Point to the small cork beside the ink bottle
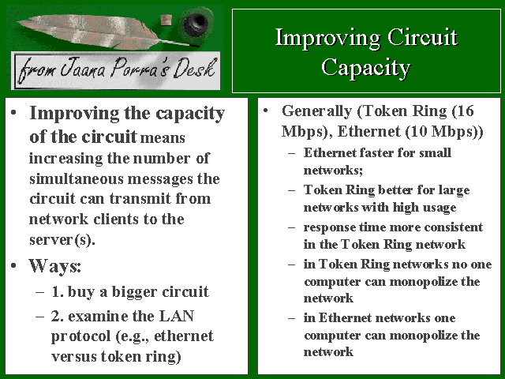pyautogui.click(x=166, y=20)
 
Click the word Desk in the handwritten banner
pyautogui.click(x=194, y=68)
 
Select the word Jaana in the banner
pyautogui.click(x=82, y=67)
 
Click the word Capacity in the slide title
pyautogui.click(x=366, y=67)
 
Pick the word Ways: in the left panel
pyautogui.click(x=54, y=266)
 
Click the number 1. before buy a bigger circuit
pyautogui.click(x=58, y=291)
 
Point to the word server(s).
pyautogui.click(x=62, y=239)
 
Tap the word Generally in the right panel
pyautogui.click(x=316, y=111)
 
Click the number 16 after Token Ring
pyautogui.click(x=466, y=111)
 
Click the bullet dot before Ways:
pyautogui.click(x=13, y=265)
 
